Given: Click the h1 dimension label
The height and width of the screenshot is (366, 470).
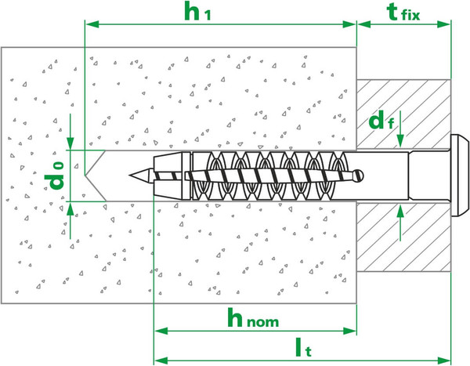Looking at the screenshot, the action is coord(197,12).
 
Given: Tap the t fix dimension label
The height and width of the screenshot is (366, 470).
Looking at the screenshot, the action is coord(403,13).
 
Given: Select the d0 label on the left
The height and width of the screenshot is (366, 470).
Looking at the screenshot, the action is coord(54,176).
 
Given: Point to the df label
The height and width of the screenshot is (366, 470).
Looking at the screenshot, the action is coord(381,120).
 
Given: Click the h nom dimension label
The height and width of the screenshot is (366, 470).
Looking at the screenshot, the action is coord(253,318).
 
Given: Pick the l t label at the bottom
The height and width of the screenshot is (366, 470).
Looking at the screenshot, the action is coord(303,347).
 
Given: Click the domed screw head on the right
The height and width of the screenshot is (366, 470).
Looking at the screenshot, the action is coord(461,176).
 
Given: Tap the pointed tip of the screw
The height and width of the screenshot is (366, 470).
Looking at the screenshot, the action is coord(129,175).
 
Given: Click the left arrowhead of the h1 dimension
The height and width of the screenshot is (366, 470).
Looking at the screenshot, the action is coord(92,24).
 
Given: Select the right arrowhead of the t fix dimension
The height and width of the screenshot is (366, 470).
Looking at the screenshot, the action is coord(444,24).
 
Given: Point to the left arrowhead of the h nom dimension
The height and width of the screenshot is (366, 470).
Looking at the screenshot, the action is coord(161,331).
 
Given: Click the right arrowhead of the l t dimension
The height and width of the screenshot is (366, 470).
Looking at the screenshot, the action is coord(444,360).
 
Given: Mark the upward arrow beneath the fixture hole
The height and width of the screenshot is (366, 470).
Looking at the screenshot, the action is coord(400,223).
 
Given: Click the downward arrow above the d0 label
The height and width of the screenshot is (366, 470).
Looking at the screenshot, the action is coord(70,131).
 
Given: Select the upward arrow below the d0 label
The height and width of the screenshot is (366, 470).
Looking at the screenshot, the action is coord(70,221).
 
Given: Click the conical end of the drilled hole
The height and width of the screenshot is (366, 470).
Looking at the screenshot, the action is coord(95,176).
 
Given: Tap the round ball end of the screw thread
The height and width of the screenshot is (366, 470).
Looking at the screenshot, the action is coord(359,175).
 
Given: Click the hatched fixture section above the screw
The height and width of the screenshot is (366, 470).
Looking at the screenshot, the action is coord(403,114).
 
